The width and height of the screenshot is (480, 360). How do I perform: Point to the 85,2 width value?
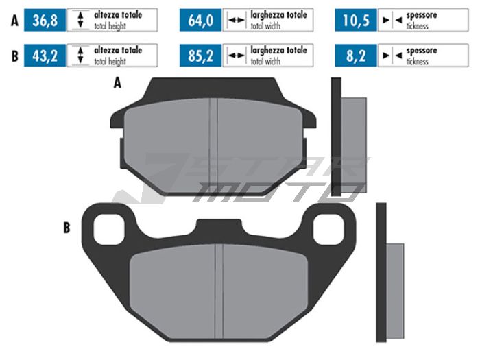click(x=200, y=56)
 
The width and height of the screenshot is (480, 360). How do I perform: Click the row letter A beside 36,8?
click(x=14, y=21)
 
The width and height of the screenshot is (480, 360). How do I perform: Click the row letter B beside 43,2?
click(x=14, y=56)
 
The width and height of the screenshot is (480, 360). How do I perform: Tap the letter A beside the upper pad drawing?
click(x=117, y=84)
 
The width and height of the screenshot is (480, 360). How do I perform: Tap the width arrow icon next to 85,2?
click(x=236, y=56)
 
